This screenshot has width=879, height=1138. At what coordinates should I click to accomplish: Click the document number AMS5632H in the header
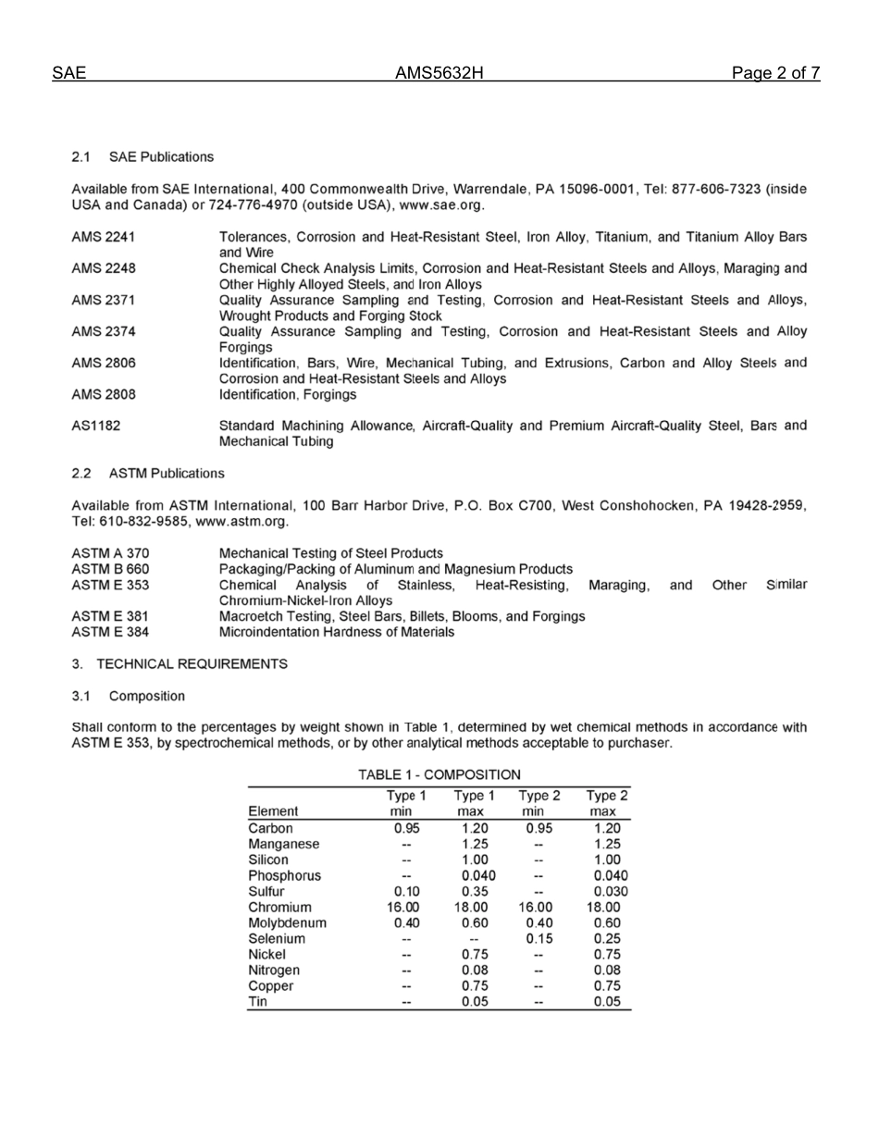439,74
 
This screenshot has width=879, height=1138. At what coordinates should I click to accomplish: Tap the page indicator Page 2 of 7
775,74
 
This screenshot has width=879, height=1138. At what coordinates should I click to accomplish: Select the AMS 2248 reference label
104,268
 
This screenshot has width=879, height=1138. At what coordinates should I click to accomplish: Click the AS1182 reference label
95,426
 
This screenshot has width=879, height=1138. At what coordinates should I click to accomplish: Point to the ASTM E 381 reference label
110,615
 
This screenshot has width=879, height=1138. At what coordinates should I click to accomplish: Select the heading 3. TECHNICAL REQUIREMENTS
179,664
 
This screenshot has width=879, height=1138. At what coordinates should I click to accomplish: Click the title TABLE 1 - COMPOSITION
439,774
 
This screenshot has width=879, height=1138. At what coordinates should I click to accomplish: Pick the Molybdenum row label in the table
287,922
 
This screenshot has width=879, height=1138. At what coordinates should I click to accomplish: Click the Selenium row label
277,938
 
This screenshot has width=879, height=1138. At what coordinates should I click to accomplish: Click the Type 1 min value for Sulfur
405,892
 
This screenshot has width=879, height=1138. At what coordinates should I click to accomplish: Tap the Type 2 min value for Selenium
540,938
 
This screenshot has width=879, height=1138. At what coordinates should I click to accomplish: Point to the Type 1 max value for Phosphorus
477,875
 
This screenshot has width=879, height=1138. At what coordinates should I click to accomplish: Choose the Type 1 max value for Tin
475,1002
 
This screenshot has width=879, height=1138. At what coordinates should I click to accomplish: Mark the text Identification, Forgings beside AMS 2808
287,394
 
